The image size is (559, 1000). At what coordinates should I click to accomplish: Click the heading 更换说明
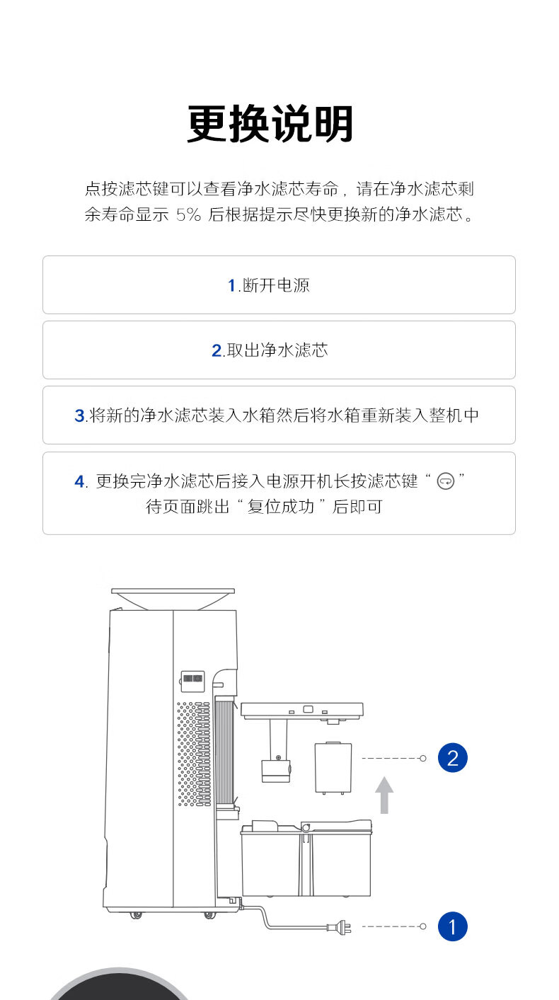pyautogui.click(x=270, y=125)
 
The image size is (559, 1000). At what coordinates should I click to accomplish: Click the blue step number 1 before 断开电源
pyautogui.click(x=231, y=285)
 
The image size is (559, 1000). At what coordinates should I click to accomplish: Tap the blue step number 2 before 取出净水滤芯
pyautogui.click(x=217, y=350)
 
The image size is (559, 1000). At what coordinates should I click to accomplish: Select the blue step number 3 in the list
pyautogui.click(x=79, y=415)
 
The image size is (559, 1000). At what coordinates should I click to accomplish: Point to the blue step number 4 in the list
pyautogui.click(x=79, y=482)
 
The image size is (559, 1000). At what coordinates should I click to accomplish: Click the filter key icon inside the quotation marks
pyautogui.click(x=446, y=482)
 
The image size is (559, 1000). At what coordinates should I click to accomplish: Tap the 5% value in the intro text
pyautogui.click(x=188, y=214)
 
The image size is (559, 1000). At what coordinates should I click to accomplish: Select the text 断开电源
pyautogui.click(x=276, y=285)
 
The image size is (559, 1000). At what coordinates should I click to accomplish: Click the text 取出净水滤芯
pyautogui.click(x=277, y=350)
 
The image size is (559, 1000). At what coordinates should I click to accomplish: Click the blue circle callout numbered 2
pyautogui.click(x=453, y=758)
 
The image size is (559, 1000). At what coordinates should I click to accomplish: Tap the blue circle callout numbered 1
pyautogui.click(x=453, y=926)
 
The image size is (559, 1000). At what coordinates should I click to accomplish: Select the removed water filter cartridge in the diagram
pyautogui.click(x=333, y=767)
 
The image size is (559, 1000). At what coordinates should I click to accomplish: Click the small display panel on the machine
pyautogui.click(x=192, y=679)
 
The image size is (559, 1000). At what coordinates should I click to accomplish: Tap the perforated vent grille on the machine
pyautogui.click(x=193, y=754)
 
